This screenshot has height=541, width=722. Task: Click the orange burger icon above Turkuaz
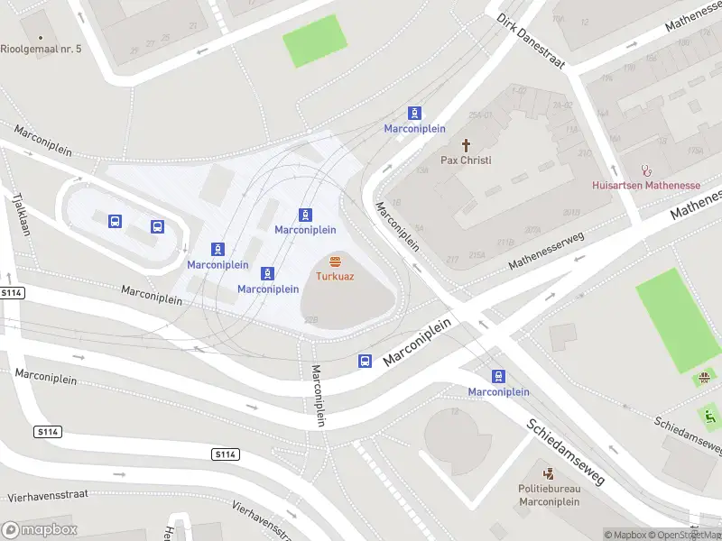(335, 261)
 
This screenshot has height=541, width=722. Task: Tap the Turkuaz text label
(335, 276)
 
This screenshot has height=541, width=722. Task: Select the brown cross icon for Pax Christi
(467, 145)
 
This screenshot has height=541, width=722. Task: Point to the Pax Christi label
(466, 160)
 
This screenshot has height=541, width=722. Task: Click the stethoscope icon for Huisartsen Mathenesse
(645, 170)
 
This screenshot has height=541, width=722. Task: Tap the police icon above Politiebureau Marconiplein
(548, 473)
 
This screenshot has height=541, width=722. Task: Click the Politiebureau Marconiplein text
(548, 495)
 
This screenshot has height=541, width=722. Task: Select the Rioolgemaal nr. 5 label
(41, 48)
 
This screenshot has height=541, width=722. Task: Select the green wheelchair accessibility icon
(709, 417)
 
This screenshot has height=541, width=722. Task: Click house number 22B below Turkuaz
(310, 320)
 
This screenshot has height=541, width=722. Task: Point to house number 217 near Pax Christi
(451, 260)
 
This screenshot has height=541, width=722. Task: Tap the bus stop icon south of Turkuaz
(365, 361)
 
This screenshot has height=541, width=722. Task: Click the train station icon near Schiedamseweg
(498, 377)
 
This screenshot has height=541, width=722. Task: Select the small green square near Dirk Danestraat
(315, 41)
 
